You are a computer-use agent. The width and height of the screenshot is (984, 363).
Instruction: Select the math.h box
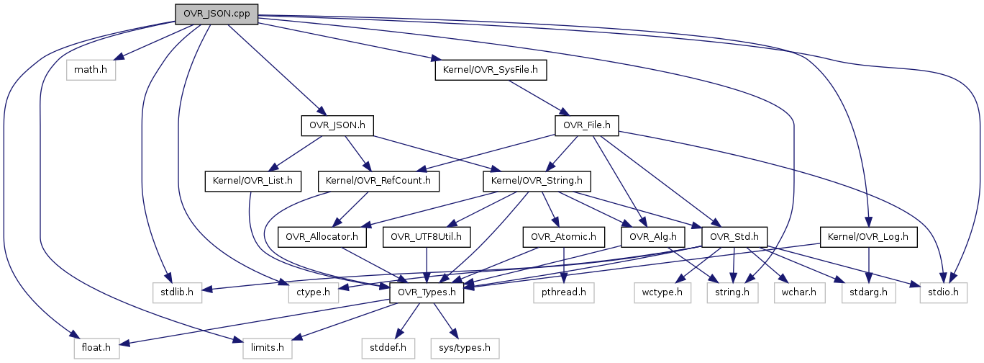pos(91,70)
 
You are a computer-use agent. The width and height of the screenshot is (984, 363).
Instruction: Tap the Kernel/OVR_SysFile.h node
pos(491,70)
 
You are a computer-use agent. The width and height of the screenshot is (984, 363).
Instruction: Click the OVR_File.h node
pos(587,126)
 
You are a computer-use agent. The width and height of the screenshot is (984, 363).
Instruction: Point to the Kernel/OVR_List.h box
pos(253,181)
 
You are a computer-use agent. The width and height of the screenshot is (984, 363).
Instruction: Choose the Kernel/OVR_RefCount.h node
pos(378,181)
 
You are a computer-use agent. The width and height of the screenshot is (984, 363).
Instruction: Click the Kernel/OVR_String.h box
pos(537,181)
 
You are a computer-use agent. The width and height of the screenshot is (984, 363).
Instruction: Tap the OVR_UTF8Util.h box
pos(427,236)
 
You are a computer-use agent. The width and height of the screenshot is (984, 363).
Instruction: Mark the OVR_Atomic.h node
pos(564,236)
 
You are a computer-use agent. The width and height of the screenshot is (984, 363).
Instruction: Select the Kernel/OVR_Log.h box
pos(868,236)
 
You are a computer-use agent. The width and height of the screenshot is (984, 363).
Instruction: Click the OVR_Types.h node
pos(427,292)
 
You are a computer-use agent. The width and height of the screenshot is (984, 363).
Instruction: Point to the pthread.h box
pos(562,292)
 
